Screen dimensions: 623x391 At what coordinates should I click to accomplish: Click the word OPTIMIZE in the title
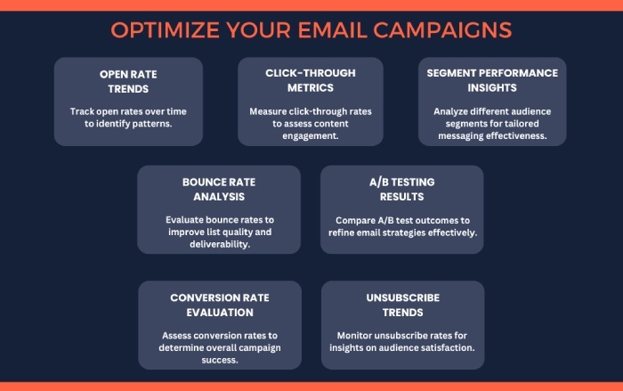[x=165, y=30]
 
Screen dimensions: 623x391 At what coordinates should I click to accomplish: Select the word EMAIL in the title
[x=333, y=30]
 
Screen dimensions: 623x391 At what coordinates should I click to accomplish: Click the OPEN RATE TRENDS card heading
[x=128, y=82]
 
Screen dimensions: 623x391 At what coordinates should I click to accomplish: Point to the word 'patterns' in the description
[x=153, y=124]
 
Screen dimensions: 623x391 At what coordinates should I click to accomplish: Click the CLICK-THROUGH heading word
[x=311, y=73]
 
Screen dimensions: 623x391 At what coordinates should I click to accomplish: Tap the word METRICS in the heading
[x=311, y=88]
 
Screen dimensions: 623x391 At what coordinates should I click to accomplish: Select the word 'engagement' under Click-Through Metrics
[x=311, y=136]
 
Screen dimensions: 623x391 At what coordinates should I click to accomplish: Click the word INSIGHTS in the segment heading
[x=492, y=88]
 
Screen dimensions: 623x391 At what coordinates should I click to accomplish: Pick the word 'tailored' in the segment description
[x=523, y=124]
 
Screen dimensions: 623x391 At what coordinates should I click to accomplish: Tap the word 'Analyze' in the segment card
[x=450, y=111]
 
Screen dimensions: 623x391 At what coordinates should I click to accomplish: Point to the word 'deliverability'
[x=220, y=244]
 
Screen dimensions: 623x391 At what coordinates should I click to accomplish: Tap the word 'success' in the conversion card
[x=220, y=361]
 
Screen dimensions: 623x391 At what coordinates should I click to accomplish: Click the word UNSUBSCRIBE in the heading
[x=403, y=297]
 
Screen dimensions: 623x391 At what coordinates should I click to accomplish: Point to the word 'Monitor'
[x=354, y=336]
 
